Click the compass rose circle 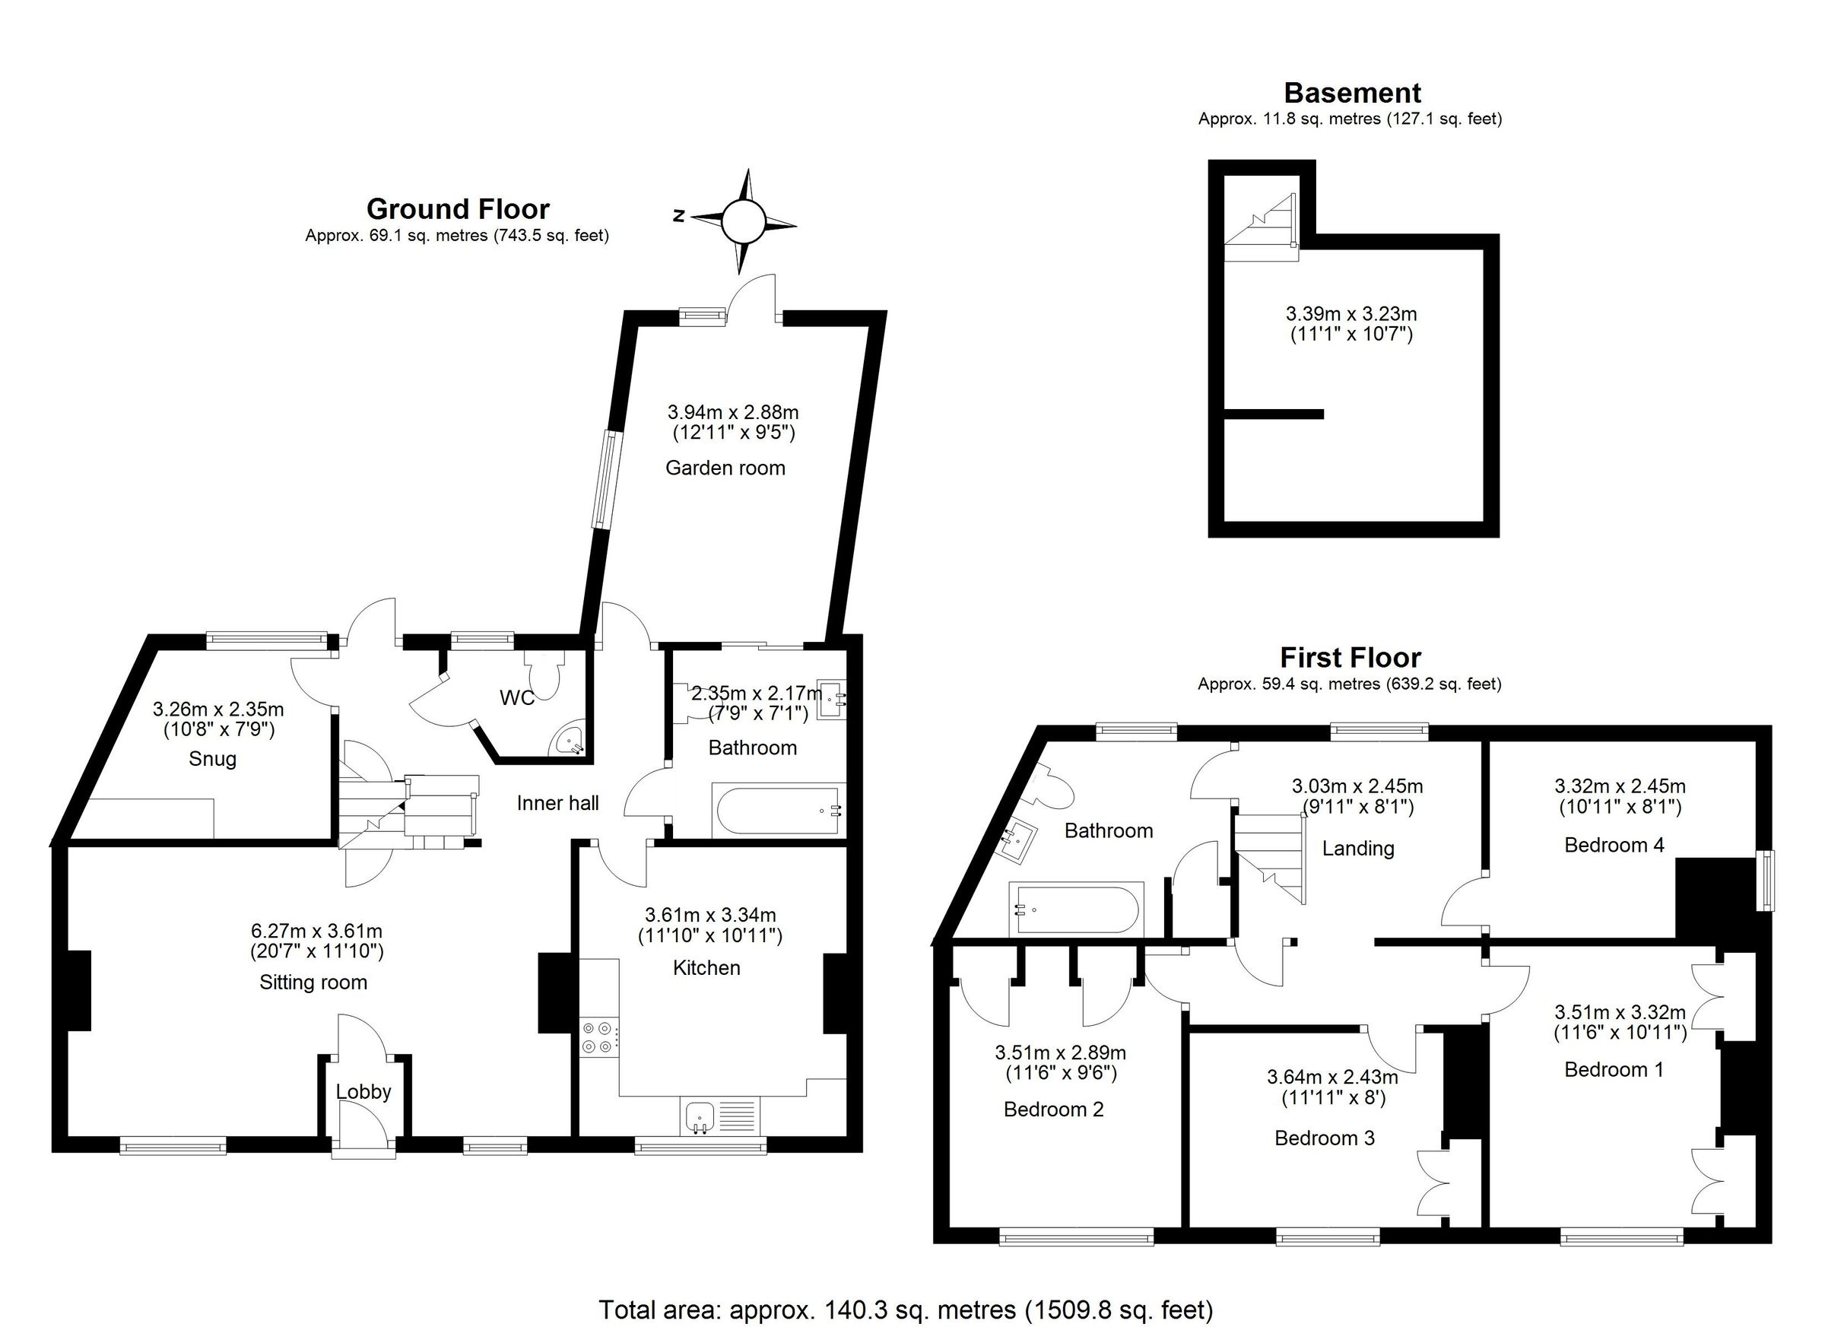(x=741, y=221)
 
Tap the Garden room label (x=725, y=468)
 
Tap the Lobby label (x=363, y=1092)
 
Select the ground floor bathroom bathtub (x=778, y=811)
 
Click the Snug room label (x=212, y=759)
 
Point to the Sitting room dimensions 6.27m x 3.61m (x=316, y=931)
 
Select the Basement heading (x=1352, y=94)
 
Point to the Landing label (x=1358, y=848)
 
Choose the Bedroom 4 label (x=1614, y=845)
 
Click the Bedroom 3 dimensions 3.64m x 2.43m (x=1331, y=1077)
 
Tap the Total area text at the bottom (x=905, y=1310)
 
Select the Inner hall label (x=557, y=802)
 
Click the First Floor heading (x=1350, y=658)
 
